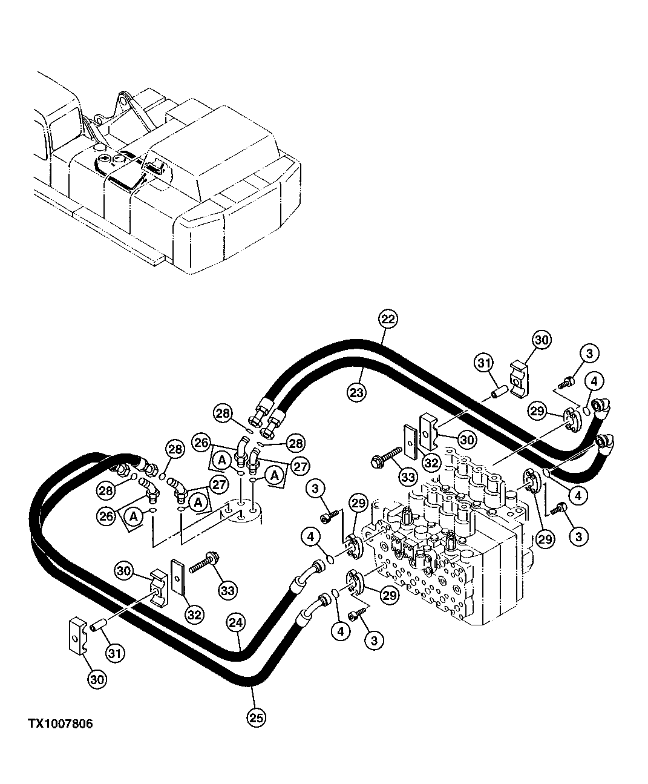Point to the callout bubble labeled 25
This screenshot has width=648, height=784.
tap(257, 718)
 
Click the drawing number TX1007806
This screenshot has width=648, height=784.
tap(60, 724)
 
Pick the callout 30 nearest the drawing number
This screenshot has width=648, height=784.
tap(97, 679)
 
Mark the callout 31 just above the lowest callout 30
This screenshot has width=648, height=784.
tap(113, 653)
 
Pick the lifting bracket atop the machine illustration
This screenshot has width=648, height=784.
tap(127, 103)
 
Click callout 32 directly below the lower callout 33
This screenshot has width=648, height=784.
tap(194, 615)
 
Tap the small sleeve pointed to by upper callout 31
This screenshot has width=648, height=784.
tap(499, 392)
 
